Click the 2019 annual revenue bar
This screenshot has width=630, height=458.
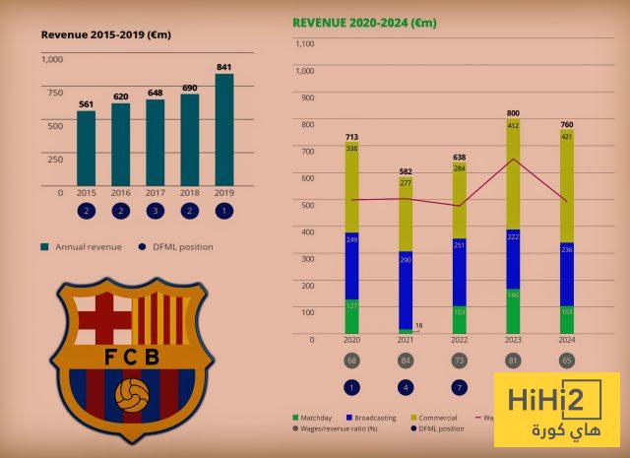pyautogui.click(x=224, y=128)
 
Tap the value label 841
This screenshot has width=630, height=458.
pyautogui.click(x=225, y=67)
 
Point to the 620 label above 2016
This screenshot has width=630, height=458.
pyautogui.click(x=120, y=97)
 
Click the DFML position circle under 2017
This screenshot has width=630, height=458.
pyautogui.click(x=156, y=211)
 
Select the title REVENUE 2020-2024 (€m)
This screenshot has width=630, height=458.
pyautogui.click(x=364, y=22)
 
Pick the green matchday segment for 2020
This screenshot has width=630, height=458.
pyautogui.click(x=351, y=315)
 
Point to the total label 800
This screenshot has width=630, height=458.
pyautogui.click(x=513, y=112)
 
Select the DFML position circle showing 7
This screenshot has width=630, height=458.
pyautogui.click(x=460, y=387)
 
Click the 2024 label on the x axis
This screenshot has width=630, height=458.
pyautogui.click(x=567, y=340)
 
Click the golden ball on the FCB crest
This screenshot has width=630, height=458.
pyautogui.click(x=132, y=396)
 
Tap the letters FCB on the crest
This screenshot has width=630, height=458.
pyautogui.click(x=132, y=357)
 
